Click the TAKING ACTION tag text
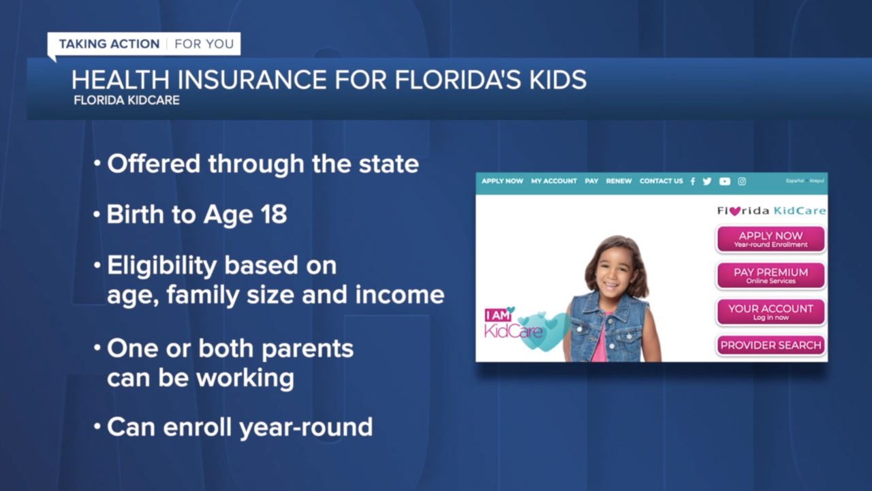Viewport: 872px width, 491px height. (x=109, y=44)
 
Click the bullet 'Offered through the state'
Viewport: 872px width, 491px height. (x=262, y=164)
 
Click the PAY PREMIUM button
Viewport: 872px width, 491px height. (x=770, y=275)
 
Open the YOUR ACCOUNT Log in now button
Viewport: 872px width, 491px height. (x=770, y=311)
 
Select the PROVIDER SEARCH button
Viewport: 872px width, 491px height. (x=770, y=345)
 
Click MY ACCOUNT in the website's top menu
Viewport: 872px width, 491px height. (x=554, y=181)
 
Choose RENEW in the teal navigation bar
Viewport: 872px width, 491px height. (x=619, y=181)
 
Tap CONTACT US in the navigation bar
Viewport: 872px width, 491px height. (x=661, y=181)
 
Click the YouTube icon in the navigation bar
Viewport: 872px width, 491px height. (x=725, y=181)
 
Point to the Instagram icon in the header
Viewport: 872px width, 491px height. (x=742, y=181)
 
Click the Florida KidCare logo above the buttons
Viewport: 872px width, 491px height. (x=771, y=211)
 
